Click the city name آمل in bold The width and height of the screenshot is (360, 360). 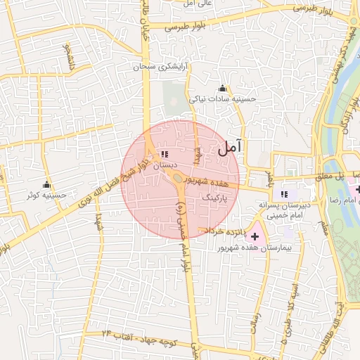point(230,147)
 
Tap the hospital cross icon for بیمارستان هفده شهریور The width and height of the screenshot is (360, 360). point(254,237)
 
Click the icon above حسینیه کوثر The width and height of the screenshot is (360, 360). point(46,184)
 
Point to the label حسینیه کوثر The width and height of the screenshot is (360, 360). point(46,195)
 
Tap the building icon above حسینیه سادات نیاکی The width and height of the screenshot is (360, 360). point(223,89)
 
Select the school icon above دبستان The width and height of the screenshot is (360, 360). point(165,154)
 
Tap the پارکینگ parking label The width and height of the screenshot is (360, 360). point(216,200)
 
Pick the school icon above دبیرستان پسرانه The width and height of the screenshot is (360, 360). point(284,194)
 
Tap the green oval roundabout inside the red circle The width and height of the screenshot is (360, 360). point(178,178)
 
